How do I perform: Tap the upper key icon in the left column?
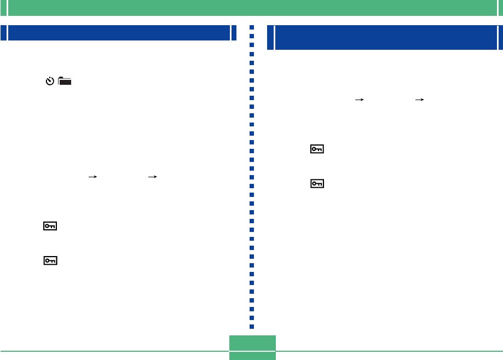point(50,226)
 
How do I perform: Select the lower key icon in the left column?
point(50,261)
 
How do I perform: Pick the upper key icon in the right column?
point(317,149)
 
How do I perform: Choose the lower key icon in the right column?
point(317,184)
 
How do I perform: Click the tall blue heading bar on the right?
point(386,38)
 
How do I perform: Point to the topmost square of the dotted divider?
point(252,27)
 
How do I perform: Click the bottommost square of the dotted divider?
point(252,327)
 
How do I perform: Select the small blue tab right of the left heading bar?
point(234,33)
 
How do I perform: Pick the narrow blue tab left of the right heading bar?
point(270,38)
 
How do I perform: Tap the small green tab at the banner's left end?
point(3,8)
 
